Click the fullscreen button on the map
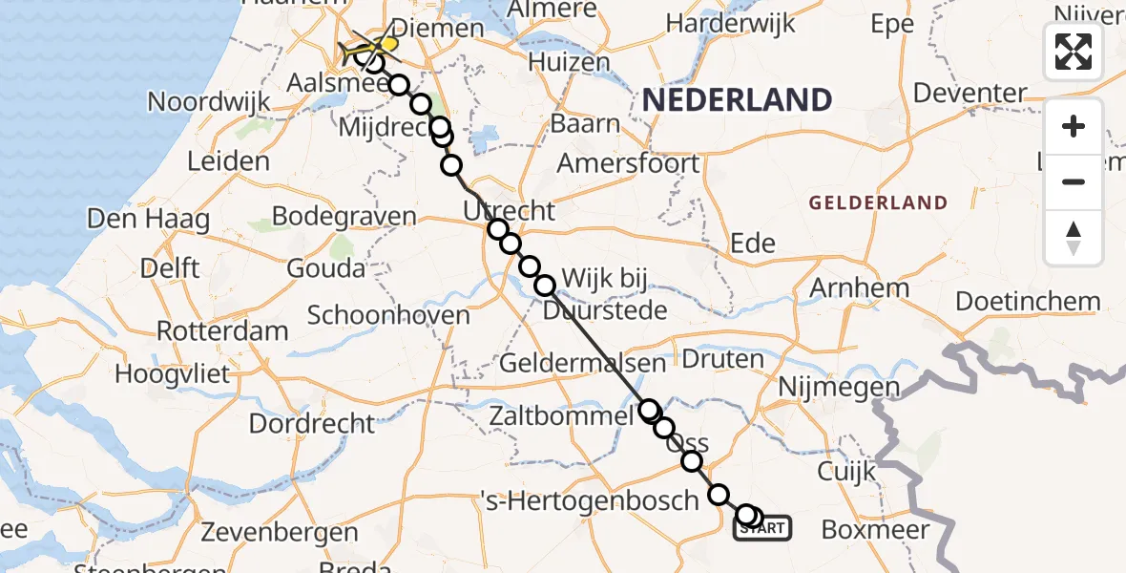coord(1074,52)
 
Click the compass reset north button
coord(1074,238)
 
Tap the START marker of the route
coord(762,527)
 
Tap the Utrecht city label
coord(509,209)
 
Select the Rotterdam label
coord(222,331)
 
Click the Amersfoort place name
coord(628,162)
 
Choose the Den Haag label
coord(148,219)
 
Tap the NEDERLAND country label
coord(737,99)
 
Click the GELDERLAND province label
coord(878,202)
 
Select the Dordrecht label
coord(312,422)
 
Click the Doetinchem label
coord(1028,302)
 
